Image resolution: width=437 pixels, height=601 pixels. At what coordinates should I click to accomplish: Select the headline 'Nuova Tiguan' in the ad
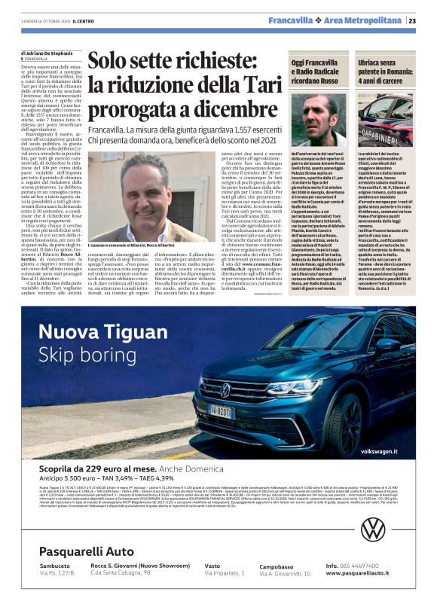coord(98,332)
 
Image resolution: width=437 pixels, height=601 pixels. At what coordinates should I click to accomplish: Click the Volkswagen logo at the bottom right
coord(372,551)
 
